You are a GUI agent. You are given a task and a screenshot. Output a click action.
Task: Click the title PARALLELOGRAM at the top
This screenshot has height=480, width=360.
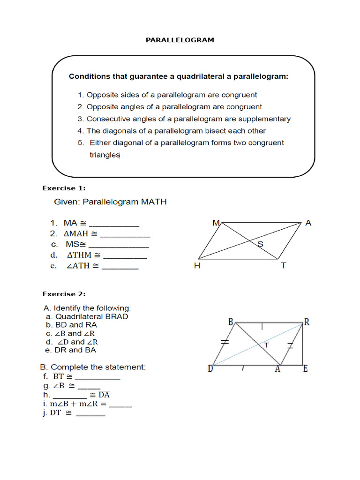point(180,40)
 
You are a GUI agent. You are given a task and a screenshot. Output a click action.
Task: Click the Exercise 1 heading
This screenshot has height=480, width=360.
point(64,188)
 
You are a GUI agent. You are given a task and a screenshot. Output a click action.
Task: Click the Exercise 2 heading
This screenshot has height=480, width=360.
point(64,294)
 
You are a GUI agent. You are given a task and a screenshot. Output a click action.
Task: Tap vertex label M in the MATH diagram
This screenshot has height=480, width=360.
point(216,223)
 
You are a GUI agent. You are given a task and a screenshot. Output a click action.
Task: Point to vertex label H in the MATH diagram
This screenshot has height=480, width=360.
point(197,266)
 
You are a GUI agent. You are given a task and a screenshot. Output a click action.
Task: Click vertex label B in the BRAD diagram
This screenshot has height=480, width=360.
point(231,322)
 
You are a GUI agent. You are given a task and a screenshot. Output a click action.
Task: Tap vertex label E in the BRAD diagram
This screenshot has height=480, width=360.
point(305,369)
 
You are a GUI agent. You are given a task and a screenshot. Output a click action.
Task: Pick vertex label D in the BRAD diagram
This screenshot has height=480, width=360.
point(211,369)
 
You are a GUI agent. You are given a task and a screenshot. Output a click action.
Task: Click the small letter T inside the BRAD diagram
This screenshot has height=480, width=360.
point(267,345)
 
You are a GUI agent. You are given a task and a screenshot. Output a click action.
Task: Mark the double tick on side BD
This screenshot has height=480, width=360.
point(225,343)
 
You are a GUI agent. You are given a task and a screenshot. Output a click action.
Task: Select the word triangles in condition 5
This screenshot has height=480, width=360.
point(105,155)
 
